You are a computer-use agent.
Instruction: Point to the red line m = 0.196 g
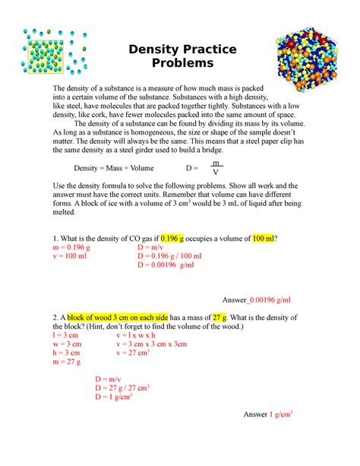(74, 248)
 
